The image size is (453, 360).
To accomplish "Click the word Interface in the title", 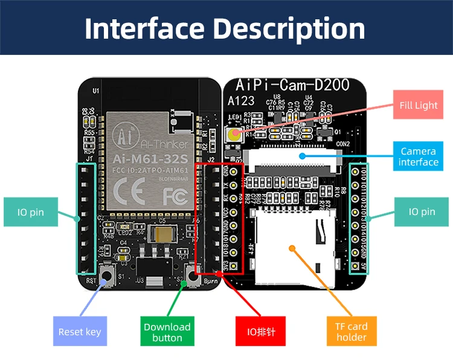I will (145, 28).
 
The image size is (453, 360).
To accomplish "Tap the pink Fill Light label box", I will (418, 105).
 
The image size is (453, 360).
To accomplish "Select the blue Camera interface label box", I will (418, 157).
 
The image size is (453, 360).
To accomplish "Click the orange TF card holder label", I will (351, 332).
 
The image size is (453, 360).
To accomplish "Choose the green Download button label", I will (167, 332).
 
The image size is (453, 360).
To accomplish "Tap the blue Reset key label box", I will (80, 332).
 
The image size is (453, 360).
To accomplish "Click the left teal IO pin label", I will (30, 212).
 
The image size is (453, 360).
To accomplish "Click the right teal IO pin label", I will (422, 212).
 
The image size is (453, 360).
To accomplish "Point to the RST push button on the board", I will (108, 277).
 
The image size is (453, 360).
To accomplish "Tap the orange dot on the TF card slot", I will (292, 247).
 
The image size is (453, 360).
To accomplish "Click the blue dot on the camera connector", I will (301, 156).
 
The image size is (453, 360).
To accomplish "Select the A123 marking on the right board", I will (242, 101).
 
